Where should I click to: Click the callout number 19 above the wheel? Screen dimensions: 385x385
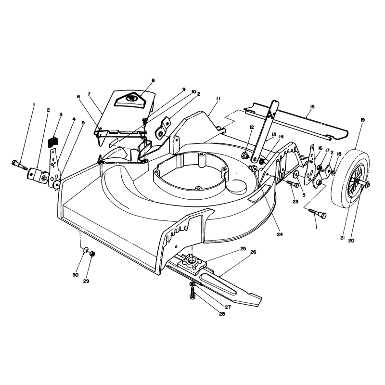(362, 120)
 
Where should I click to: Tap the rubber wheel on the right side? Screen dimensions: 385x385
(349, 177)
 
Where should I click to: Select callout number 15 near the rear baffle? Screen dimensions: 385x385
(312, 107)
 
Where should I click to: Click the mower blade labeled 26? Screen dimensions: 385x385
(221, 282)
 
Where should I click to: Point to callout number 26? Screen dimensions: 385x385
(253, 252)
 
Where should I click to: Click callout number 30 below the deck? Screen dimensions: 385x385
(76, 275)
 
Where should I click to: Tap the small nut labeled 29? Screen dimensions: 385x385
(92, 254)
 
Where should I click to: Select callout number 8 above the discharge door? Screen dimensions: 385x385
(154, 80)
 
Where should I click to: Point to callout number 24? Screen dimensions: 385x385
(280, 234)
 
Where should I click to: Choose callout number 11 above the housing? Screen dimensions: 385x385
(218, 99)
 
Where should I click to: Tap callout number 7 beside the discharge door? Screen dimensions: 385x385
(89, 94)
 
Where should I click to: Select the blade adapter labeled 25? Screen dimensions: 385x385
(193, 266)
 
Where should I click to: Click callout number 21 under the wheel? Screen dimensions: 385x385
(343, 238)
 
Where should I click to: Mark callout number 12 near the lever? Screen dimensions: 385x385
(252, 127)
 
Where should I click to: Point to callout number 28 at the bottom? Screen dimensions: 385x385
(222, 314)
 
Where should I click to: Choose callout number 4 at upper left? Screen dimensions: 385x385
(74, 119)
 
